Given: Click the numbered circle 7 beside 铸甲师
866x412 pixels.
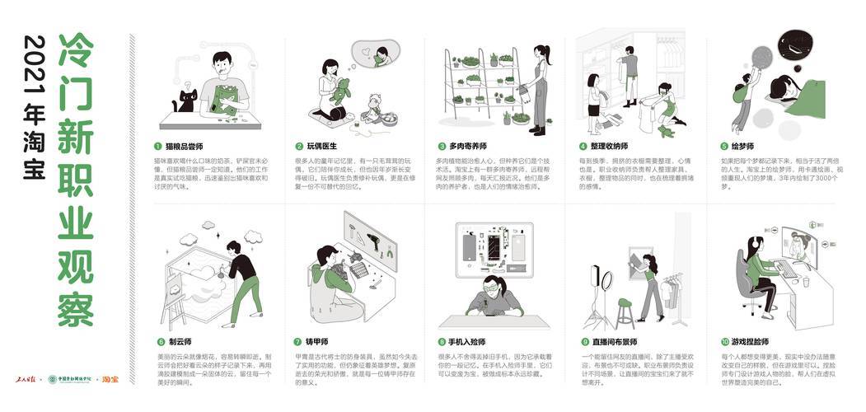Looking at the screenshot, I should (x=299, y=340).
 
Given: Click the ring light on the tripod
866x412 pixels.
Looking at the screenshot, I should (x=598, y=275).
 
